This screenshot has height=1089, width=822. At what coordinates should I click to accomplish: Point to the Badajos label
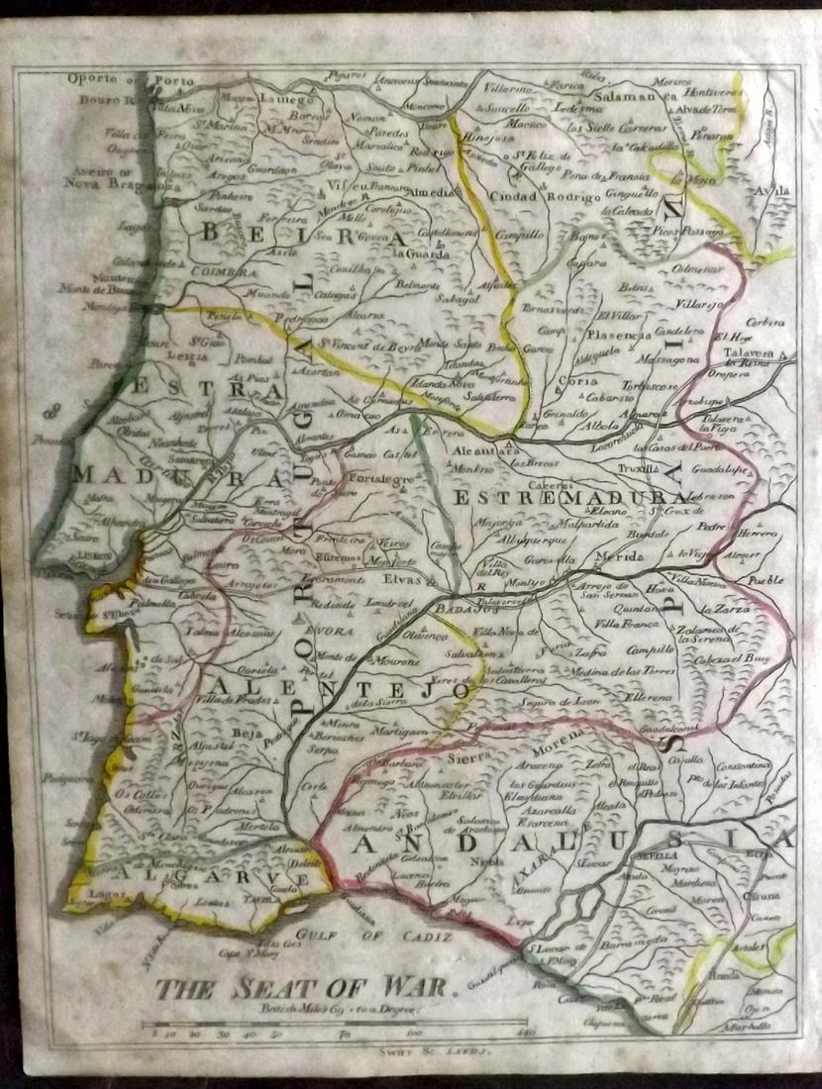point(457,610)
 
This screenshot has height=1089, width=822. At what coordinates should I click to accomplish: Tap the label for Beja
point(244,733)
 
